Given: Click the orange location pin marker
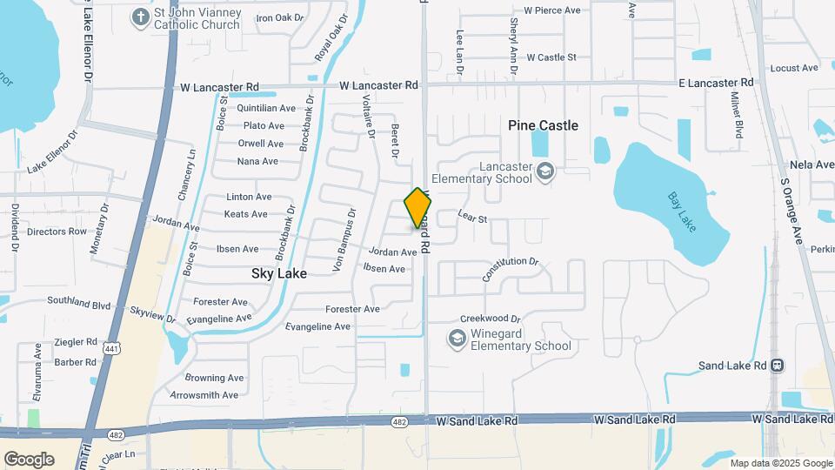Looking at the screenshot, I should tap(417, 208).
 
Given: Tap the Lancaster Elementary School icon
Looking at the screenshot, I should tap(545, 171).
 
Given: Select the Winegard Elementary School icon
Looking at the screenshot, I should tap(458, 338).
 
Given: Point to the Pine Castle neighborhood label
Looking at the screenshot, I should tap(543, 125).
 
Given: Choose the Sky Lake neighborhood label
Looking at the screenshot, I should tap(279, 272).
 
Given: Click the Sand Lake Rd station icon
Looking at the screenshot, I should tap(778, 366).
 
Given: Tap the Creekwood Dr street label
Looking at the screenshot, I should tap(490, 319).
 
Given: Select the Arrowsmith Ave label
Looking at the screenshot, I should tap(204, 395).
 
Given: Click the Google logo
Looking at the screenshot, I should tap(29, 460).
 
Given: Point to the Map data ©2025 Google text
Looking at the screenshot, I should tap(779, 463).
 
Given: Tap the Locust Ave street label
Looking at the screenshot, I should tap(794, 67).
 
